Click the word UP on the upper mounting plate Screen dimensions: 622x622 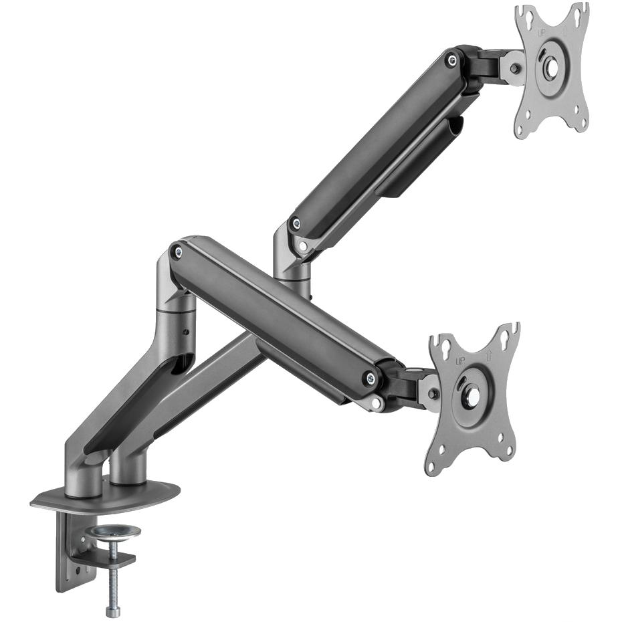point(542,33)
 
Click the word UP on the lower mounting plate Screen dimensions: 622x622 point(460,361)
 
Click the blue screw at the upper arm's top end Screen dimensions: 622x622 point(451,60)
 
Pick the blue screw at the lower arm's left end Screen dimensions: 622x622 point(179,251)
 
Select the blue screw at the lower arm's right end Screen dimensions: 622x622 point(371,379)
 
